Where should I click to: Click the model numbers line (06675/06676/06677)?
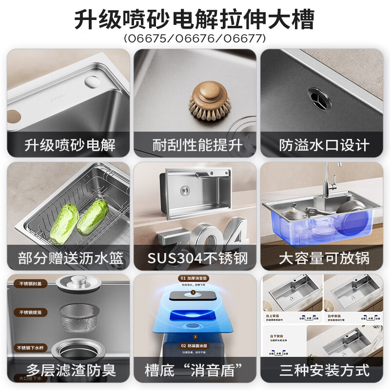pos(195,38)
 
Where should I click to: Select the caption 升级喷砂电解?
pos(70,145)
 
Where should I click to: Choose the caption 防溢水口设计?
pos(324,145)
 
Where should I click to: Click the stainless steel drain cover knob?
pos(78,281)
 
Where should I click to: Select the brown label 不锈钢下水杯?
pos(30,348)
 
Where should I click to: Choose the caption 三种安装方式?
pos(324,370)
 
